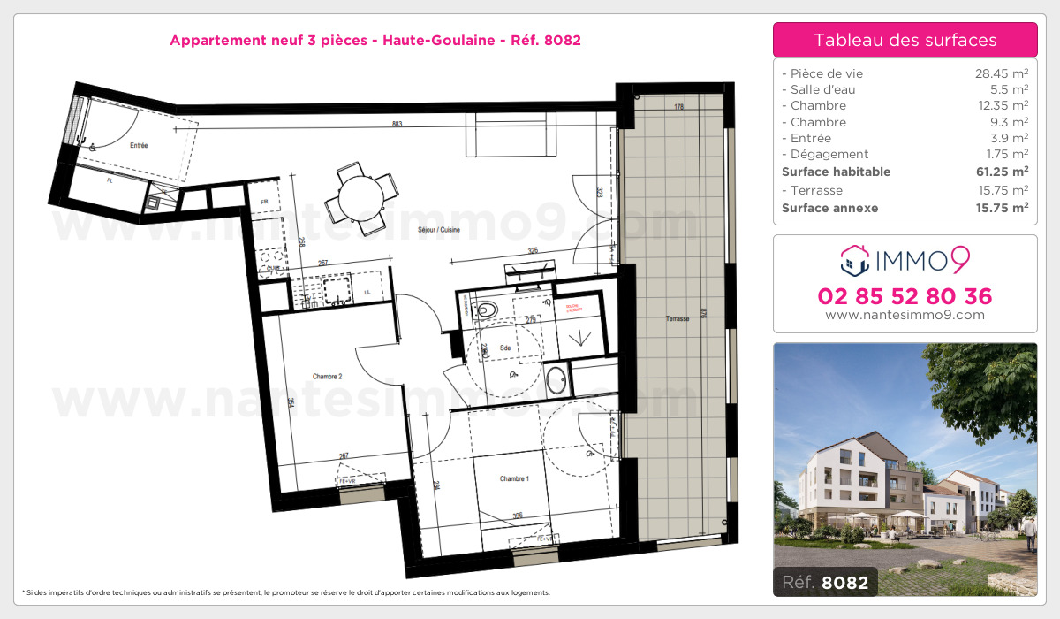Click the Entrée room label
(x=139, y=145)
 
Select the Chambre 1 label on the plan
(x=514, y=478)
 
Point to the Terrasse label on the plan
(x=678, y=318)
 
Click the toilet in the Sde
(x=485, y=309)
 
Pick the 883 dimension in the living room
(x=397, y=125)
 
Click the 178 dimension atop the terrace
(x=678, y=108)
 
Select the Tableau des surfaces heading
(x=905, y=40)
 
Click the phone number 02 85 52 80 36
(x=905, y=296)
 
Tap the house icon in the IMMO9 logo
(x=852, y=260)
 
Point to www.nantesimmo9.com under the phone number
(x=905, y=315)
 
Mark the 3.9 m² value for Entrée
(x=1011, y=138)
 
